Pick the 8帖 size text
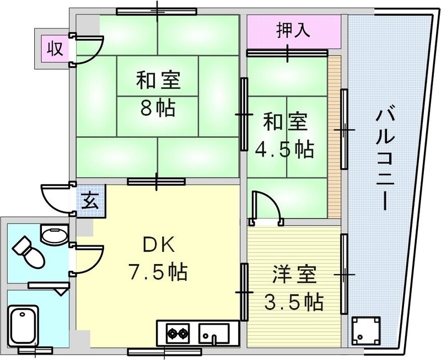pos(157,107)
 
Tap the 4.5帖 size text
pos(284,149)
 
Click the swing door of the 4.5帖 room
pos(265,207)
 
